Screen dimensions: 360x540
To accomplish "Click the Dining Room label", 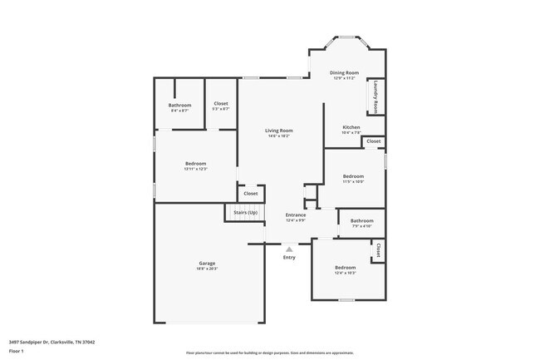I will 344,73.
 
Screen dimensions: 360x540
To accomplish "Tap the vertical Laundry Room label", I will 376,96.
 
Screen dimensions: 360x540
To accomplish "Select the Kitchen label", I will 351,127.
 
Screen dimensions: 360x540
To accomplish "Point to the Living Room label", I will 278,131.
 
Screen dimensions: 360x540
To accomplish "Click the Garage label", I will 207,263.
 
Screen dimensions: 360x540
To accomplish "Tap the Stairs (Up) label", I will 245,213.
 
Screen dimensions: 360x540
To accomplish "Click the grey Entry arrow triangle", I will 289,248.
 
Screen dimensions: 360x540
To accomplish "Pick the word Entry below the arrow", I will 289,257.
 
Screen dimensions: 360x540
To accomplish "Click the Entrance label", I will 296,215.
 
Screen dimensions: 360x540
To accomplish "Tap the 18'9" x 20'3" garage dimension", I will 207,269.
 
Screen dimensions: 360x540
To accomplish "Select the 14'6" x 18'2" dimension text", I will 278,136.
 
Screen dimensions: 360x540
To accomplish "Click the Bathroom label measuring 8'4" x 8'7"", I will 179,105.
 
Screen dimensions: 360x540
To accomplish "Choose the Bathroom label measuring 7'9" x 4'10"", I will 361,220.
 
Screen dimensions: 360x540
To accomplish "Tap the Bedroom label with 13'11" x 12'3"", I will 195,164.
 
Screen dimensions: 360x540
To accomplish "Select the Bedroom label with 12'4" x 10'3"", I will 345,267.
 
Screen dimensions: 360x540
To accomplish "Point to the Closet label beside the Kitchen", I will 373,141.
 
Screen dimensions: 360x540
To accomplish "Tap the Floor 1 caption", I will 17,352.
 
